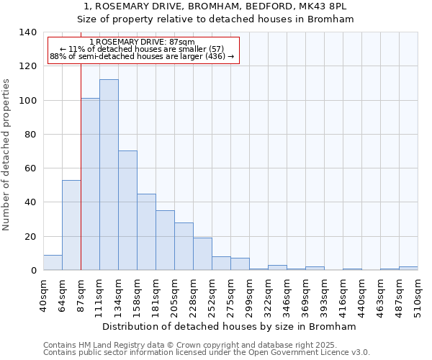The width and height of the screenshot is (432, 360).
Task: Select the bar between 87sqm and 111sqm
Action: tap(90, 184)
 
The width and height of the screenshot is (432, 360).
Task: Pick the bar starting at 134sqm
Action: tap(127, 210)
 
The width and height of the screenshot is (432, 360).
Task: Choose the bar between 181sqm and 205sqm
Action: tap(165, 240)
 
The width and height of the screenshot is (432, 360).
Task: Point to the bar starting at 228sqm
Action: tap(202, 254)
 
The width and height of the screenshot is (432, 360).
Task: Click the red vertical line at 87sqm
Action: tap(81, 166)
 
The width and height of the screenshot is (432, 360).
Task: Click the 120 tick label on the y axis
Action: tap(27, 66)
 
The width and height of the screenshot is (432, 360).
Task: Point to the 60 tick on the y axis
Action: tap(30, 168)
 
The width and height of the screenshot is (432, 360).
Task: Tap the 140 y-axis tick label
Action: tap(27, 32)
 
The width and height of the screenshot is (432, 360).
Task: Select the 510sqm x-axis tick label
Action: tap(418, 295)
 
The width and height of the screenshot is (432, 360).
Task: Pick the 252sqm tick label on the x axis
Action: tap(212, 295)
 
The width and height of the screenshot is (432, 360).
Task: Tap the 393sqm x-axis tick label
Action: tap(324, 295)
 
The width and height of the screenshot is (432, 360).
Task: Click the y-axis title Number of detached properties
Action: tap(8, 151)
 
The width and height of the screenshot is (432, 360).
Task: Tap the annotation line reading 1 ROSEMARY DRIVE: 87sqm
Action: tap(143, 42)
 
